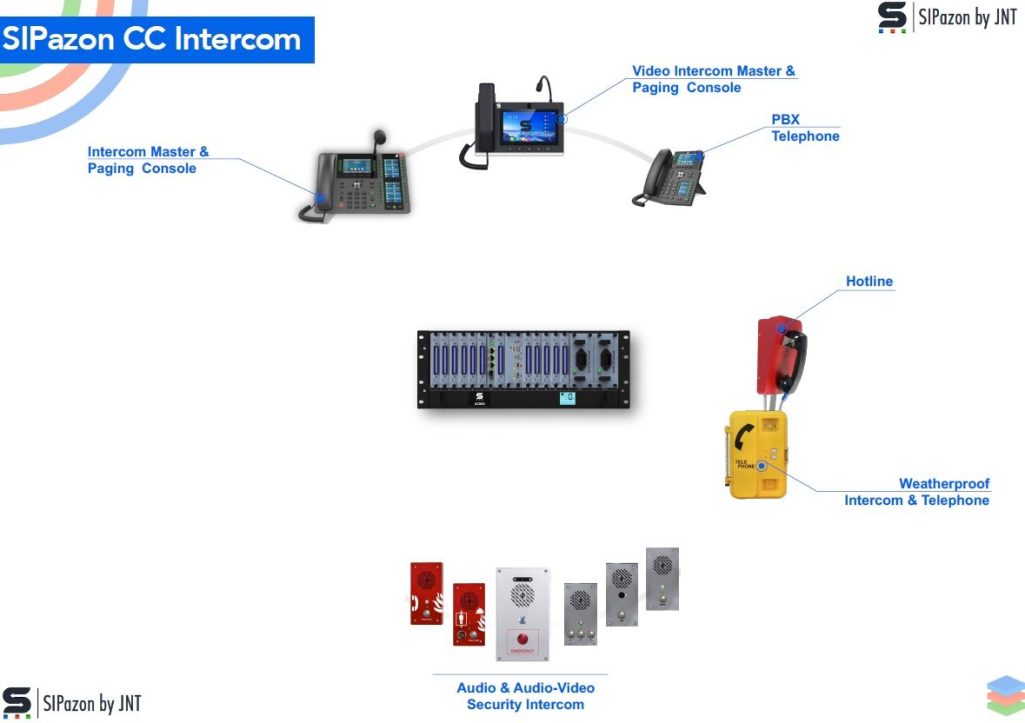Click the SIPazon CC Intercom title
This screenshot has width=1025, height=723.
(152, 39)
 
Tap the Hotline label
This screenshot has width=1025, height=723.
(869, 281)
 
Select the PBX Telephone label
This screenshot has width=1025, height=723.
(804, 128)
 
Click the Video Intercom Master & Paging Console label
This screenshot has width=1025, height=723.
(713, 79)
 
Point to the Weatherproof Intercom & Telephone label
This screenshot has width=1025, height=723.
(917, 492)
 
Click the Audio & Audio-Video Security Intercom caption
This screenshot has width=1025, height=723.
(525, 696)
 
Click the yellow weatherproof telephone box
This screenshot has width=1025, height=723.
(757, 454)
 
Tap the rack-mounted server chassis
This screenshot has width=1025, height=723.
(523, 369)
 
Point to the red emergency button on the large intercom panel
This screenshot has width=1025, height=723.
(522, 638)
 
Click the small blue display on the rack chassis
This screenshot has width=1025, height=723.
(567, 398)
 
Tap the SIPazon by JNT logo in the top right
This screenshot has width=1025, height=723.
(946, 18)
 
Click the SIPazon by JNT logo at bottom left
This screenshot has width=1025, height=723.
(72, 703)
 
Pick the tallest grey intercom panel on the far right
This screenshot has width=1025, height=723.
(662, 578)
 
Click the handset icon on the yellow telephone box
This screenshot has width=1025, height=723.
(744, 436)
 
